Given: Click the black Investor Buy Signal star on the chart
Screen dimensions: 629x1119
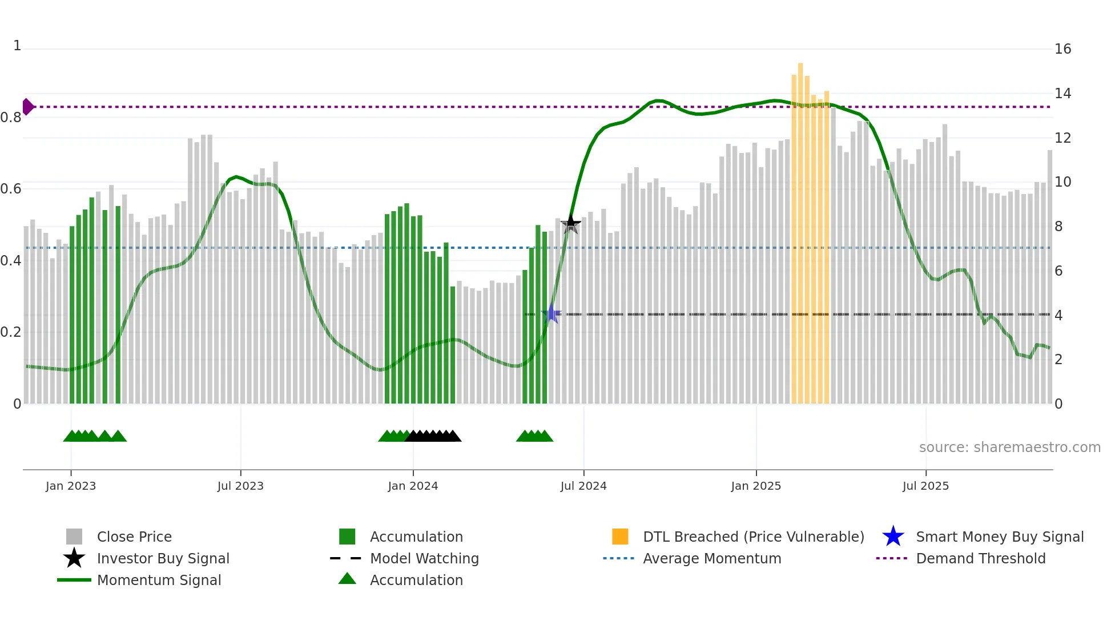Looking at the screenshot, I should (x=570, y=224).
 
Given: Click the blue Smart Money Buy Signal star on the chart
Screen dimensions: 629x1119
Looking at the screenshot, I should (x=552, y=314).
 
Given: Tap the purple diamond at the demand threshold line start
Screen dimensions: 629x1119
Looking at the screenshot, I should (x=27, y=107).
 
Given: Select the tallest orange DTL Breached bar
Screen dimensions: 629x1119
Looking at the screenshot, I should (x=800, y=228).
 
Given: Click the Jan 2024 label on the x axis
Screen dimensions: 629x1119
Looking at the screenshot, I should (x=413, y=486).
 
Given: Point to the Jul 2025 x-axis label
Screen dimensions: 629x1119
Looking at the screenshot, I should (x=925, y=486).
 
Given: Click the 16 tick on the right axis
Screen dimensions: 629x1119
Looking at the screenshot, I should (x=1062, y=49).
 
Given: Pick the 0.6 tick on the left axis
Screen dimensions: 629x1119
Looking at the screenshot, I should (x=11, y=189).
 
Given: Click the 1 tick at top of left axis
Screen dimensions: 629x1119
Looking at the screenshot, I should (x=17, y=46).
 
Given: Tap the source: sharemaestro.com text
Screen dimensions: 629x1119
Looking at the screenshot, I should (x=1009, y=447).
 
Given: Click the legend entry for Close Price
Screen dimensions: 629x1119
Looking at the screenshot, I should (x=134, y=537).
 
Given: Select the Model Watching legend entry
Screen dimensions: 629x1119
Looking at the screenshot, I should (x=424, y=558).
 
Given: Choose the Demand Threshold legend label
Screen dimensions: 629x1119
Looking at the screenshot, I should (x=980, y=558).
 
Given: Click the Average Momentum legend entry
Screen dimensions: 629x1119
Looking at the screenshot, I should (x=712, y=558).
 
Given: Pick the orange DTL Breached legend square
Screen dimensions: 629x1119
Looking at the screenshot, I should (x=620, y=537).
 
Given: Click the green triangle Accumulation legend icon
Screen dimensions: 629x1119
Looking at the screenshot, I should (x=347, y=579).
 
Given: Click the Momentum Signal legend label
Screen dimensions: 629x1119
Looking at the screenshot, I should (x=159, y=580).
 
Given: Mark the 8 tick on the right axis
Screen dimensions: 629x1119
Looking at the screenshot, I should (x=1058, y=227).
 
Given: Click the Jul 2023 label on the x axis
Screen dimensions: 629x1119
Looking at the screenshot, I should (x=240, y=486).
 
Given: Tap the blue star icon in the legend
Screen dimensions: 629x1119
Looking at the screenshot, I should (x=893, y=537).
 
